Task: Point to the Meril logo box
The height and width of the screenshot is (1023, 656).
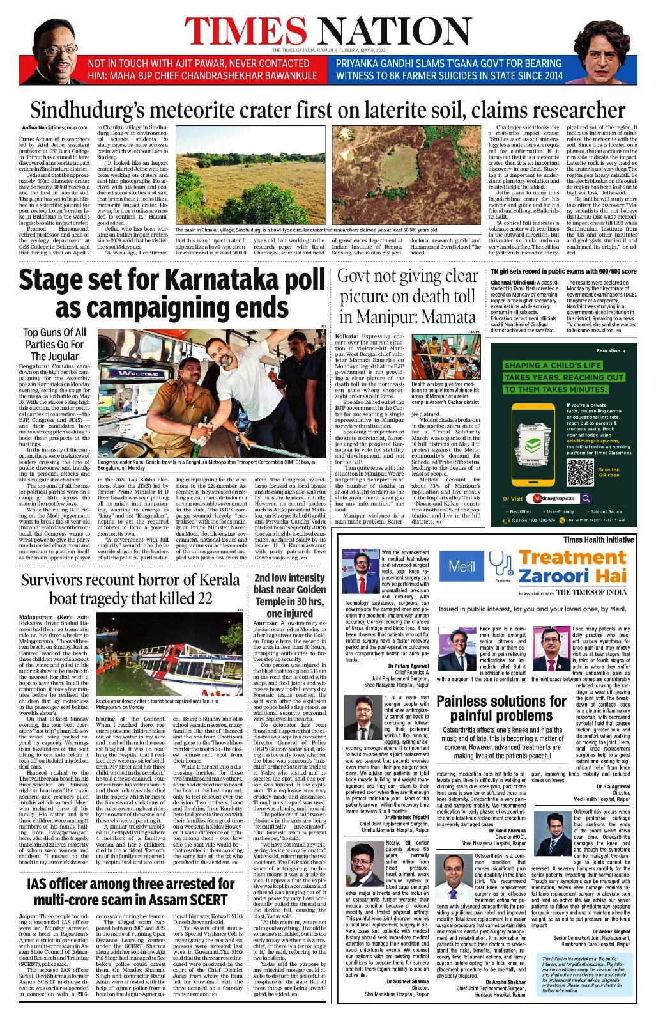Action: coord(462,566)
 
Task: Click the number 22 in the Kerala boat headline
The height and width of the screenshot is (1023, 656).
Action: coord(204,598)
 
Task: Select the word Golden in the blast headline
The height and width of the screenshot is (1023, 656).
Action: coord(303,589)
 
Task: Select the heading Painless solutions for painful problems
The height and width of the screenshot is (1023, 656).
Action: coord(501,708)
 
